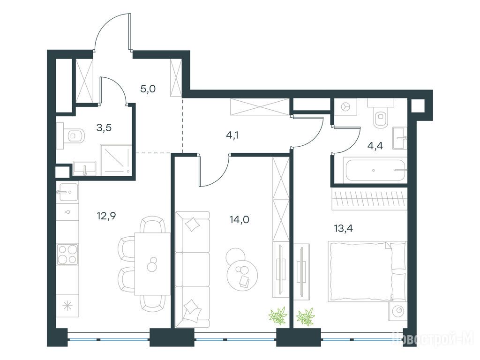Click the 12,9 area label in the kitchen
pos(106,217)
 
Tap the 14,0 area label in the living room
pos(240,219)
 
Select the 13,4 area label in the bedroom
pos(344,228)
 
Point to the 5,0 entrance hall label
pos(148,89)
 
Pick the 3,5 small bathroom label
pos(104,127)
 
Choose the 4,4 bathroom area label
pos(375,146)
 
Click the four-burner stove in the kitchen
pos(67,254)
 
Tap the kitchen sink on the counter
pos(67,192)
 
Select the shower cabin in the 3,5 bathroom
pos(116,160)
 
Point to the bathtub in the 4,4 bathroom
pos(375,170)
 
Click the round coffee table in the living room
pos(242,270)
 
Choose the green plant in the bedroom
pos(306,316)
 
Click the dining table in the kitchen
pos(152,263)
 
